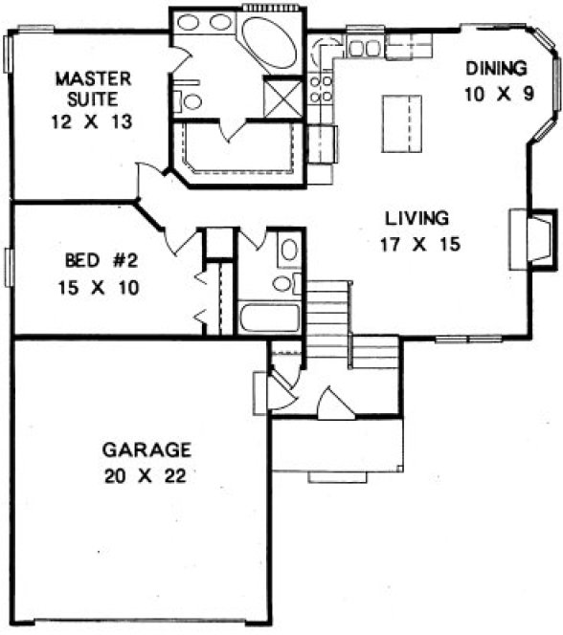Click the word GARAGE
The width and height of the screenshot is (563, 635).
pos(146,449)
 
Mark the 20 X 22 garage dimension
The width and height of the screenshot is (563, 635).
pos(146,475)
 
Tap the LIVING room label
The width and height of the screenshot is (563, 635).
pos(417,216)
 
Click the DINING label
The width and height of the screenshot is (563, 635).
pos(495,68)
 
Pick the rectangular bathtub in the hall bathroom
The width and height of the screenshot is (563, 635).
pos(270,317)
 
